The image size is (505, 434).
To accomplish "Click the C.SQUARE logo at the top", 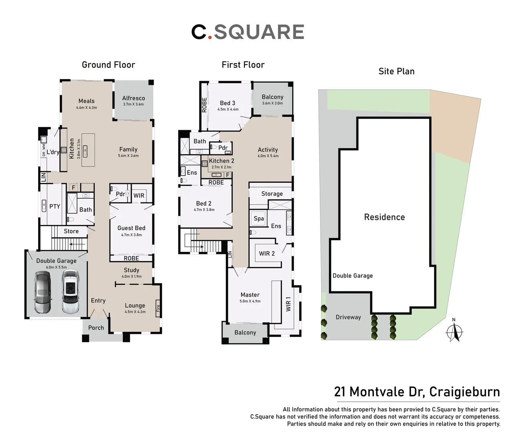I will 247,32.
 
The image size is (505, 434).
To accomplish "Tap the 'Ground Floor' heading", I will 108,65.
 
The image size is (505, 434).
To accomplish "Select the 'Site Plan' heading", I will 396,71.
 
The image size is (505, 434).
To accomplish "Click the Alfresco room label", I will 134,98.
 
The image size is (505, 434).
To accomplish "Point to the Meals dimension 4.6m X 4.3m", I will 87,108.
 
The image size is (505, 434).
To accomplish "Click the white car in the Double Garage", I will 71,292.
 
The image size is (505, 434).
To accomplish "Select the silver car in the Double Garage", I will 43,292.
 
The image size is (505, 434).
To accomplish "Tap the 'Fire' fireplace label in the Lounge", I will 158,308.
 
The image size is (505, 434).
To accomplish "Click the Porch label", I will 96,328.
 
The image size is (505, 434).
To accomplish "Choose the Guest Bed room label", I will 132,228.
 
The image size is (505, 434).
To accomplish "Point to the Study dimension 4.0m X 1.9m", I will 132,276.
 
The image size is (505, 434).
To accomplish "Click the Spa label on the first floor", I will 259,219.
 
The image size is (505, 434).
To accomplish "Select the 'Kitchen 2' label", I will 221,161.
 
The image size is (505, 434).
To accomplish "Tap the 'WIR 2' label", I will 267,254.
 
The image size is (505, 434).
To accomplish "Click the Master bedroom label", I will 250,295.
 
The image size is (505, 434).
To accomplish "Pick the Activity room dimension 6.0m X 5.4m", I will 268,156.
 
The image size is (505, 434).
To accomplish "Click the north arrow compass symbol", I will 454,332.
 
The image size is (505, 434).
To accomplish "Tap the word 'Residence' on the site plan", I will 384,217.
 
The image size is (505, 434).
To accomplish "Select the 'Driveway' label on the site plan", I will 348,317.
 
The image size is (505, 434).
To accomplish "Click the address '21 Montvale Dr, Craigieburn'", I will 417,391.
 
